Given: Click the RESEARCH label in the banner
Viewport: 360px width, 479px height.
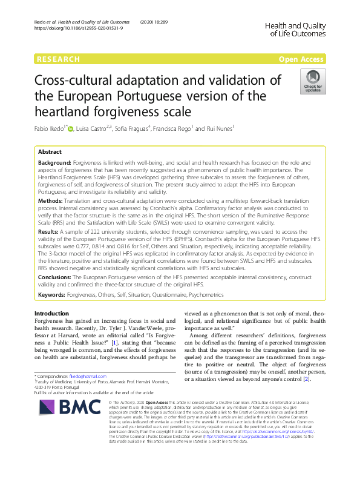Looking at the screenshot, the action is point(58,59).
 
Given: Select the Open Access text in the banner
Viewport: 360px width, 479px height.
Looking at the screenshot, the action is point(303,59).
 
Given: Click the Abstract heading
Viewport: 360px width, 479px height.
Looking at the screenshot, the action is point(50,153).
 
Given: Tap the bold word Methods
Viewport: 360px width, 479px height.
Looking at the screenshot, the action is point(51,200).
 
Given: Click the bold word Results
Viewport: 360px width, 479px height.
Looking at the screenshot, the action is point(49,231).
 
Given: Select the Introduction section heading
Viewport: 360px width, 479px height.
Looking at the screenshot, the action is point(52,313).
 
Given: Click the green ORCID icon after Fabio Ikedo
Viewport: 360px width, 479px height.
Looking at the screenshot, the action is point(70,128).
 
